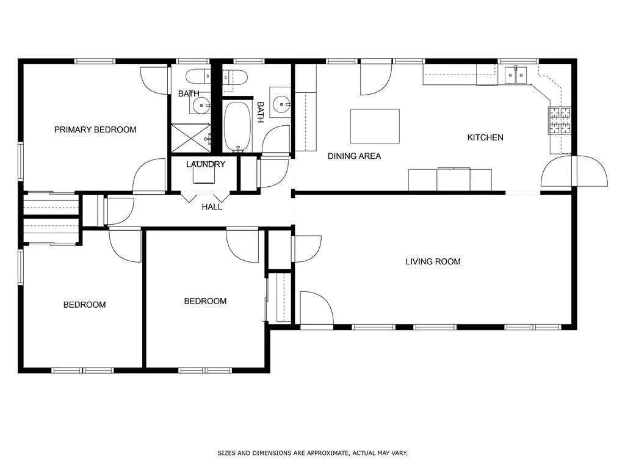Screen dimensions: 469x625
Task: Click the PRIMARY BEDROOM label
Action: tap(95, 129)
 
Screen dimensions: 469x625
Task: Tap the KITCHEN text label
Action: tap(485, 137)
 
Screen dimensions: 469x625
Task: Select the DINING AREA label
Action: tap(354, 156)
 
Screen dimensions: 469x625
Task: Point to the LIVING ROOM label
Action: tap(433, 261)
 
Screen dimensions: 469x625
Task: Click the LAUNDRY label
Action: tap(206, 164)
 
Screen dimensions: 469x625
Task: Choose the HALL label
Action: tap(212, 207)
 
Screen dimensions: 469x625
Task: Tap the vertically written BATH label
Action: tap(260, 112)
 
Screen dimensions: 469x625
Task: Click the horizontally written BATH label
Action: tap(189, 93)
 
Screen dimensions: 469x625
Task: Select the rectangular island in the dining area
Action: tap(375, 126)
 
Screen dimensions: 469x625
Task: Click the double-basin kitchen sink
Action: tap(515, 75)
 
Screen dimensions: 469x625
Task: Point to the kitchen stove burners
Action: tap(560, 120)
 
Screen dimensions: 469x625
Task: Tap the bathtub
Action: tap(237, 127)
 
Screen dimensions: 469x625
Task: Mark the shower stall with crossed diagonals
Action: tap(190, 137)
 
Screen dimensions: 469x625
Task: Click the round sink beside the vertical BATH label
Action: tap(281, 104)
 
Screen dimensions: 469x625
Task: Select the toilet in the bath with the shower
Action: tap(196, 77)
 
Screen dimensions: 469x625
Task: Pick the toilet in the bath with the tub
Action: tap(234, 77)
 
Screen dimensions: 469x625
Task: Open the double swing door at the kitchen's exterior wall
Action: tap(574, 172)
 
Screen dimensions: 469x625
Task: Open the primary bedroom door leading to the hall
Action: tap(150, 175)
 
